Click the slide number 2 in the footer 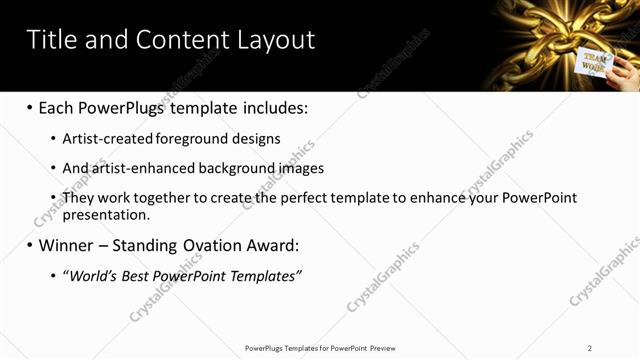point(590,347)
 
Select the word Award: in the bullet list point(273,245)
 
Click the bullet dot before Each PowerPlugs point(30,106)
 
